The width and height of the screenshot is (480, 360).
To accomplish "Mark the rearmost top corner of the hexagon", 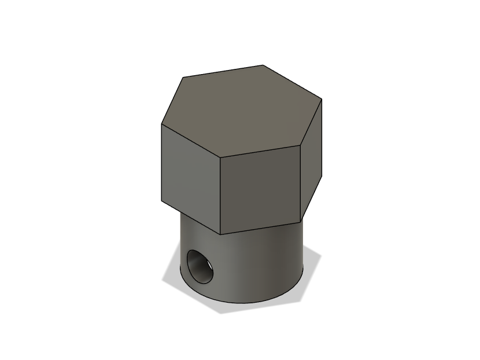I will [x=263, y=65].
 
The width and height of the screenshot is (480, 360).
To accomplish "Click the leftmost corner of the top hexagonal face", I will [x=161, y=124].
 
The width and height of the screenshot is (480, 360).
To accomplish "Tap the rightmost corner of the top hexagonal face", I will [x=322, y=99].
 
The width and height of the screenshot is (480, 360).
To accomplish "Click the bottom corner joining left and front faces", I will [x=221, y=234].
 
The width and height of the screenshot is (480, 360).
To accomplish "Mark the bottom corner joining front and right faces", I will [x=301, y=221].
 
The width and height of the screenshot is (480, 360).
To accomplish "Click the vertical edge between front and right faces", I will [x=301, y=182].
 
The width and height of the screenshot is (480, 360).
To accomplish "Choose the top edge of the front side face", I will [x=261, y=151].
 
